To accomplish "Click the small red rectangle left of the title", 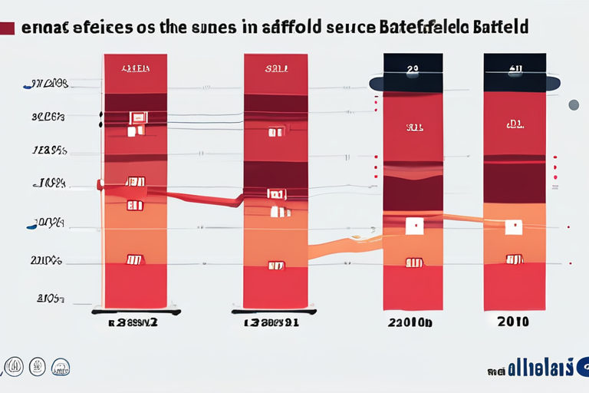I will [8, 28].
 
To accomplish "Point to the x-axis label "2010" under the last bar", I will [513, 322].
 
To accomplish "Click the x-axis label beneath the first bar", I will [135, 323].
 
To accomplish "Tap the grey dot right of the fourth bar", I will [573, 104].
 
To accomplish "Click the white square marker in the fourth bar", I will [514, 226].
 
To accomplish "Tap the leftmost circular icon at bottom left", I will [13, 366].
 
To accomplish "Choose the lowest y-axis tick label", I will [49, 298].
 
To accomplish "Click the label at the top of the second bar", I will [276, 68].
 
